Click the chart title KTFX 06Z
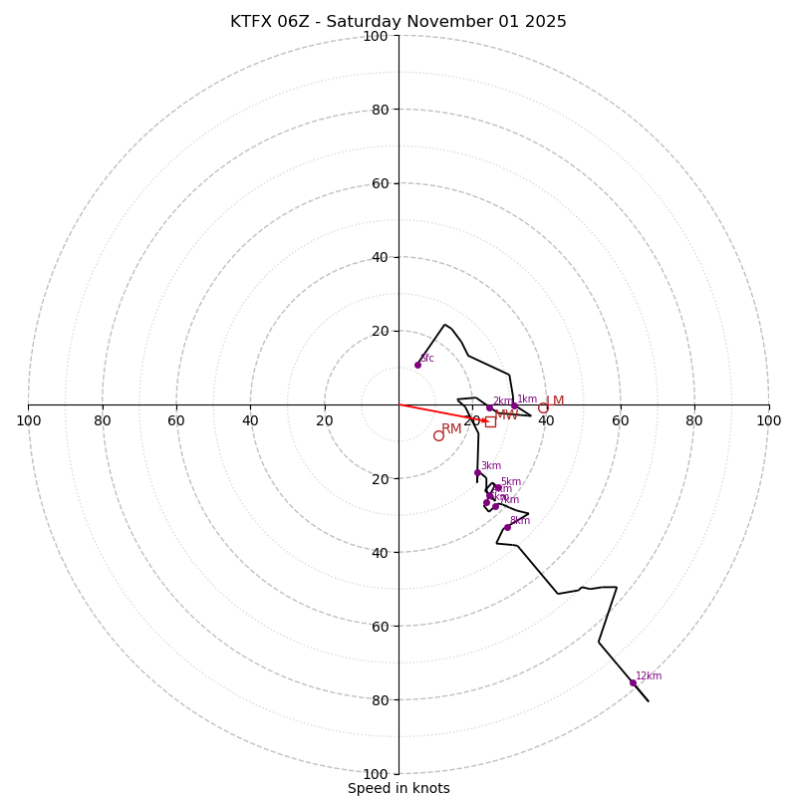[x=398, y=22]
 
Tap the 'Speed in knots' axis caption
[x=398, y=788]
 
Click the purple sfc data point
[x=417, y=365]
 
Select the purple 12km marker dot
[x=633, y=682]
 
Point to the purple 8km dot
[x=507, y=527]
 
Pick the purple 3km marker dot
[x=478, y=472]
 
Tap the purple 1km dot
[x=514, y=405]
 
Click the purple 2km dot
[x=489, y=407]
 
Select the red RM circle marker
[x=438, y=435]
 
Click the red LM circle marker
[x=543, y=407]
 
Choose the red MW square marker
[x=490, y=421]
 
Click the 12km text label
[x=649, y=675]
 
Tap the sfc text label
[x=426, y=358]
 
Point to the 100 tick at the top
[x=375, y=36]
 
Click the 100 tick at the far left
[x=28, y=420]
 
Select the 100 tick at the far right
[x=768, y=420]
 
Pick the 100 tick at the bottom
[x=375, y=774]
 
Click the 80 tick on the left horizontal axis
[x=103, y=420]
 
